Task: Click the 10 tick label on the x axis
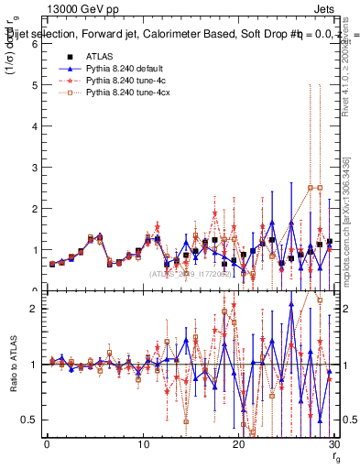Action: (142, 446)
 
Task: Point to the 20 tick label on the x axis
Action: (238, 446)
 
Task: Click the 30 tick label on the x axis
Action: (333, 446)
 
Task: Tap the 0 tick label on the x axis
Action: (47, 446)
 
